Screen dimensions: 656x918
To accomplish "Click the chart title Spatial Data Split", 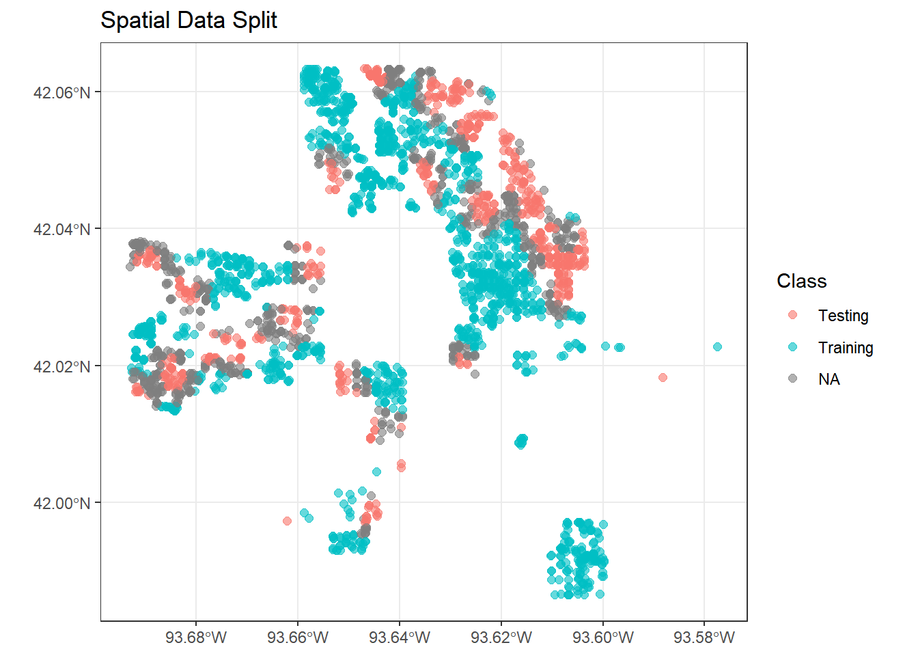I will [x=189, y=20].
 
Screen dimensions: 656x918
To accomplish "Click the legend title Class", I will [x=801, y=282].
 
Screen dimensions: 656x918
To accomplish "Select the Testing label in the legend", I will [x=843, y=316].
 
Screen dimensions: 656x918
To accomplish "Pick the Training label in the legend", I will [x=846, y=348].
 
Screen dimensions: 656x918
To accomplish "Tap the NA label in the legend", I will [x=829, y=379].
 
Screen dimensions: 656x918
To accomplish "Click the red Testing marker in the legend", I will [x=792, y=315].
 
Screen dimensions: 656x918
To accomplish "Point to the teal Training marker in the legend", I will [x=792, y=347].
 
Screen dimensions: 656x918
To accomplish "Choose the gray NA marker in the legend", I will [x=792, y=379].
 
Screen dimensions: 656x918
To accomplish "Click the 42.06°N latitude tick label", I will [x=61, y=92].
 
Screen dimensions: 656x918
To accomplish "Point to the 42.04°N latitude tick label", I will [x=61, y=229].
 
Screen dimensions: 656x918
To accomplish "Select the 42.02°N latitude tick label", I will [x=61, y=366].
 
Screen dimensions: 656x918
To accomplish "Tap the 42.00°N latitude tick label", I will [x=61, y=504].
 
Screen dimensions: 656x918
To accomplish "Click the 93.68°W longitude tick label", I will [x=196, y=638].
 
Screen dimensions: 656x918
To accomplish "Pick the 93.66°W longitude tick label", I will [x=298, y=638].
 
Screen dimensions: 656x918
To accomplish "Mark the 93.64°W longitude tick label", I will [x=400, y=638].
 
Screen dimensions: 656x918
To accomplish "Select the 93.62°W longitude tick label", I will [x=501, y=638].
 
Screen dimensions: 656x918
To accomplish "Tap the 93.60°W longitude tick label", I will [x=603, y=638].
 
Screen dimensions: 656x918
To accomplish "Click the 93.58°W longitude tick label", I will [x=704, y=638].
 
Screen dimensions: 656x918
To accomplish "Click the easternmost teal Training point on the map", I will [x=717, y=347].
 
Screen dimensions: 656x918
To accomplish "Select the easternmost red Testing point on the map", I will [x=663, y=377].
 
